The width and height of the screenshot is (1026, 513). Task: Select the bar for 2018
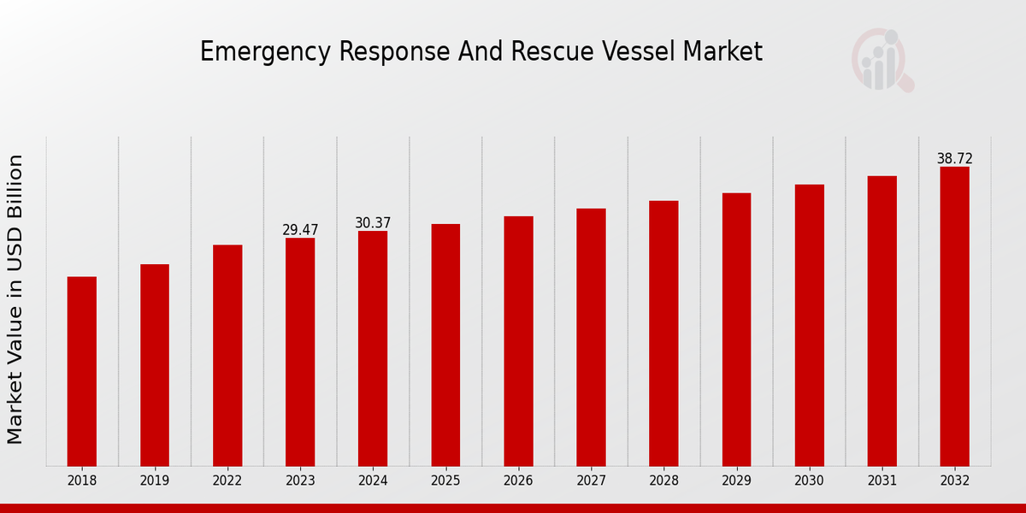tap(82, 371)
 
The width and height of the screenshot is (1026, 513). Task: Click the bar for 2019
tap(155, 365)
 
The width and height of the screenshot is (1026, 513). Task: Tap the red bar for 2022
tap(227, 355)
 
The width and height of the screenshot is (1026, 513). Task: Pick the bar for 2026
tap(518, 341)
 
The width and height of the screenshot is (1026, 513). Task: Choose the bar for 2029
tap(736, 329)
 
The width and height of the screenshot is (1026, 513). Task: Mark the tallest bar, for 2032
tap(954, 316)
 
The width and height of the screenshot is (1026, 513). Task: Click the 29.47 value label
tap(300, 230)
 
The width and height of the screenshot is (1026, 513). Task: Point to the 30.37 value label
tap(373, 223)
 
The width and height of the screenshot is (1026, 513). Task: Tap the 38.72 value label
tap(954, 159)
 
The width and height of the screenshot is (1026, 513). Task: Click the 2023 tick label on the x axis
tap(300, 481)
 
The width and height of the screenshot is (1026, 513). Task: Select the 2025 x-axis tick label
tap(445, 481)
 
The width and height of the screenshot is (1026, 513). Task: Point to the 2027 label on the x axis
tap(591, 481)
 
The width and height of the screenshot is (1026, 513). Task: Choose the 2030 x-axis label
tap(809, 481)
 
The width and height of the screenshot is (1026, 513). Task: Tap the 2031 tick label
tap(882, 481)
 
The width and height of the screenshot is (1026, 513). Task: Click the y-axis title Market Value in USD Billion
tap(15, 299)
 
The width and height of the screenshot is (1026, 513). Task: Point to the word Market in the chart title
tap(722, 51)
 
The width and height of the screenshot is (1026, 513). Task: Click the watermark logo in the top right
tap(881, 60)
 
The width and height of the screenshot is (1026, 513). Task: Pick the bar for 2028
tap(663, 333)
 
